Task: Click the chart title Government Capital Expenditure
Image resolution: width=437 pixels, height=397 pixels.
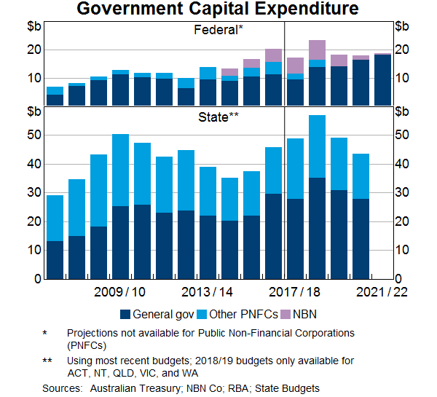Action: tap(218, 9)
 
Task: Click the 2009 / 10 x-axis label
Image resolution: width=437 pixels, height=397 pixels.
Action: tap(120, 292)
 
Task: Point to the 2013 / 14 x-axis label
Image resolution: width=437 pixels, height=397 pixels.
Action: tap(208, 292)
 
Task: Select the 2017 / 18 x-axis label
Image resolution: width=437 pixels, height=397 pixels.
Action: tap(295, 292)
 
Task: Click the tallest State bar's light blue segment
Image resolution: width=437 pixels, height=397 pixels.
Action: tap(317, 146)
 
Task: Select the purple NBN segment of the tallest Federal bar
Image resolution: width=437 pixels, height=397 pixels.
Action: tap(317, 50)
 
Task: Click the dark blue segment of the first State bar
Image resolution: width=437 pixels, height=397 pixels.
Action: tap(55, 260)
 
